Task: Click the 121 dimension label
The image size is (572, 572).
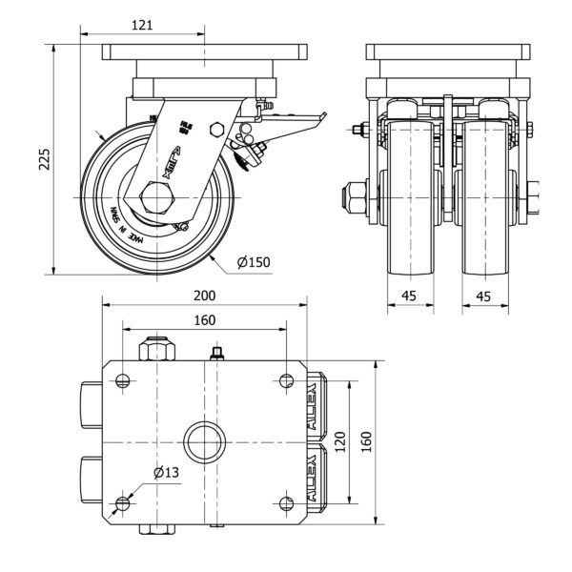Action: tap(142, 27)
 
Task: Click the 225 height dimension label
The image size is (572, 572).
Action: tap(43, 157)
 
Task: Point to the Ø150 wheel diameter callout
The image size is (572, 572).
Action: tap(253, 260)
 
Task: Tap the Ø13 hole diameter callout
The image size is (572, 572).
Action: tap(167, 472)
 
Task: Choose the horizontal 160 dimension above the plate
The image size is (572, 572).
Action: tap(204, 320)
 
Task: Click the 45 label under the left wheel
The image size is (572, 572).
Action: tap(409, 296)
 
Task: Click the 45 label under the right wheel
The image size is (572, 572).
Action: tap(483, 296)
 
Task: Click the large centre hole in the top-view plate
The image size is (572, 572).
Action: tap(204, 442)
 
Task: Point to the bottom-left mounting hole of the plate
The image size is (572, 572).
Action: tap(123, 503)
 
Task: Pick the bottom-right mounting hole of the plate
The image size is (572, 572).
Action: tap(286, 503)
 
